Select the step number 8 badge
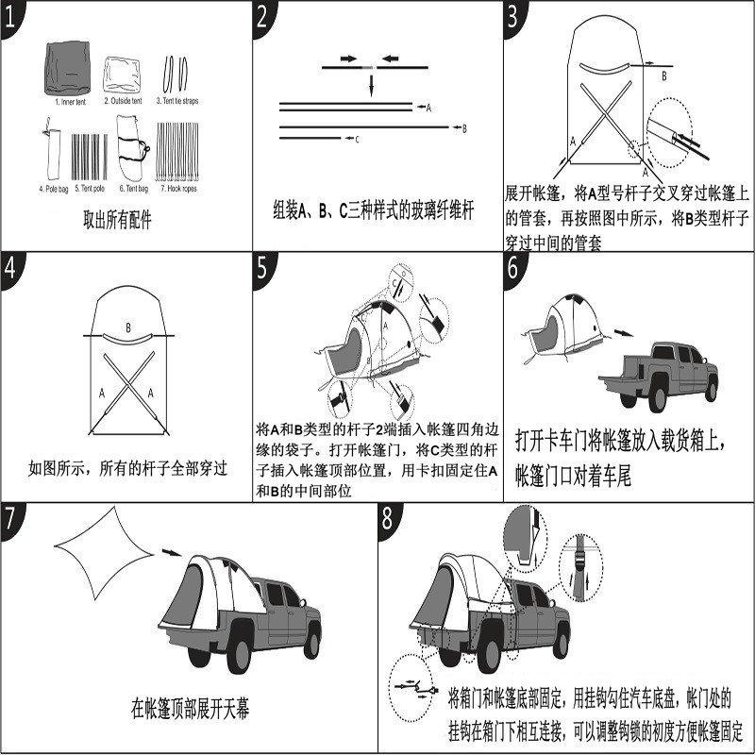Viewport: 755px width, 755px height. (389, 519)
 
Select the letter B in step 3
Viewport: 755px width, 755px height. (663, 75)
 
